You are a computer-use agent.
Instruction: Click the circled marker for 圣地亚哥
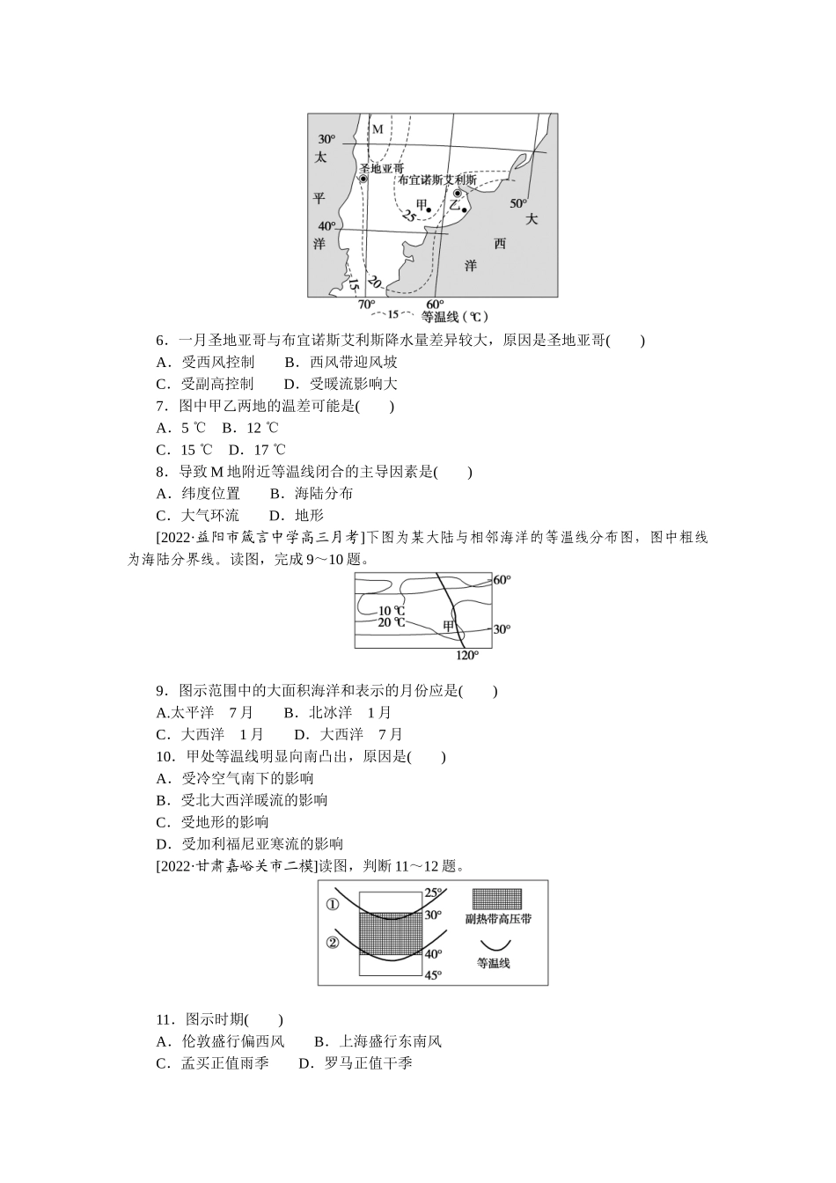pos(363,179)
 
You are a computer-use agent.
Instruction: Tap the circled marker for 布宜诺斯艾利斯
pos(458,193)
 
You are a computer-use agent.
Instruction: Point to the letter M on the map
pos(378,130)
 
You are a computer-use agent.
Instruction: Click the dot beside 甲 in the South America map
pos(428,209)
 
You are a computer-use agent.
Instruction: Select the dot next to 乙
pos(464,209)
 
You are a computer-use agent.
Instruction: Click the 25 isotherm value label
pos(408,216)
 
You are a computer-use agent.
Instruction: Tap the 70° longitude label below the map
pos(366,305)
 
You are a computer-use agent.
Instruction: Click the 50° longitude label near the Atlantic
pos(517,203)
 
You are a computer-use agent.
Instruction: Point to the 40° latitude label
pos(326,225)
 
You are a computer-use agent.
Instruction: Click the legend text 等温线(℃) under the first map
pos(454,316)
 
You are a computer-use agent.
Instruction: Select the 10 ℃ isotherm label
pos(392,610)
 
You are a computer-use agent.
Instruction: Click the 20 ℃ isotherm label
pos(392,622)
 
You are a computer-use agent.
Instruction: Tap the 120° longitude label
pos(467,655)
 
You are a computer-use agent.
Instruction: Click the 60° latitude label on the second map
pos(502,580)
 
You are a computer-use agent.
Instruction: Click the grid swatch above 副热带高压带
pos(496,899)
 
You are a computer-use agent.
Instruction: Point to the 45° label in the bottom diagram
pos(433,974)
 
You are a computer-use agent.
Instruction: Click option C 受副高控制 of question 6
pos(205,384)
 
